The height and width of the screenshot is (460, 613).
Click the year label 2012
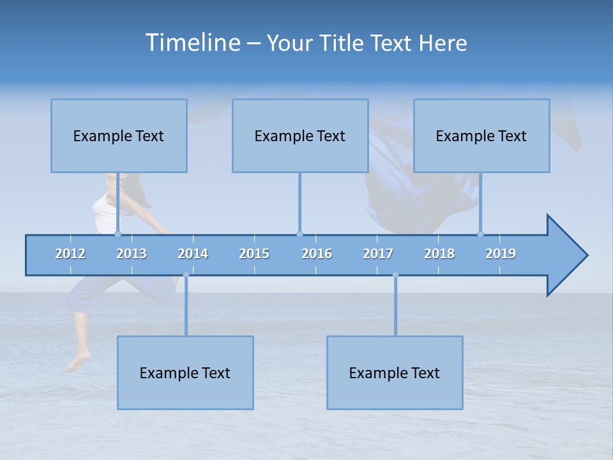pyautogui.click(x=70, y=254)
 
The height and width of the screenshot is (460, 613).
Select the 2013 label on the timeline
pyautogui.click(x=132, y=254)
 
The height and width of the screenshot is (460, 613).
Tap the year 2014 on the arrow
pyautogui.click(x=193, y=254)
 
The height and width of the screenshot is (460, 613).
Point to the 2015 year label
pyautogui.click(x=254, y=254)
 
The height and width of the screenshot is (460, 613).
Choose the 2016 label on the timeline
pyautogui.click(x=317, y=254)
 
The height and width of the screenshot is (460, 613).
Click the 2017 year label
pyautogui.click(x=378, y=254)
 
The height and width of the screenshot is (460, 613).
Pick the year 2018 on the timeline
pyautogui.click(x=439, y=254)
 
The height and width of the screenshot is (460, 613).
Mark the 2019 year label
pyautogui.click(x=501, y=254)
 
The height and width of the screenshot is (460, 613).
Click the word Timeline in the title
pyautogui.click(x=192, y=43)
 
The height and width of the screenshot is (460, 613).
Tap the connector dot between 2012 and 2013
pyautogui.click(x=118, y=234)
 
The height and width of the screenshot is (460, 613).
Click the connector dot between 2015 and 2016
pyautogui.click(x=299, y=234)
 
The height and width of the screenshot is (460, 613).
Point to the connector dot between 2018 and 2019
pyautogui.click(x=480, y=234)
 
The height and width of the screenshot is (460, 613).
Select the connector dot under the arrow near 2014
pyautogui.click(x=186, y=275)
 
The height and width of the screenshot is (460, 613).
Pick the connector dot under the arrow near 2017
pyautogui.click(x=395, y=275)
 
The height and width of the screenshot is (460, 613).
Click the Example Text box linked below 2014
pyautogui.click(x=185, y=372)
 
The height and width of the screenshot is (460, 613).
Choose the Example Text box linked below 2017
pyautogui.click(x=395, y=372)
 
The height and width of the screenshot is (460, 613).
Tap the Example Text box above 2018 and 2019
pyautogui.click(x=481, y=135)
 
